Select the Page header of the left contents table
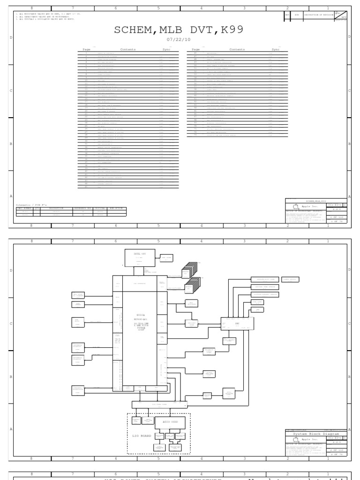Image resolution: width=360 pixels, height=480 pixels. [x=86, y=49]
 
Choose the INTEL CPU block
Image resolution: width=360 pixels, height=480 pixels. [x=137, y=257]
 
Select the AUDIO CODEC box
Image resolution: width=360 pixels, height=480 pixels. [x=170, y=422]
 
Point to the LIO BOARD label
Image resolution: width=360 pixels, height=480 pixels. [x=141, y=436]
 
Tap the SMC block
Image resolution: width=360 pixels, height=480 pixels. [x=237, y=324]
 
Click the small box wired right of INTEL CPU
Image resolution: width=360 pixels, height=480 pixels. [x=166, y=258]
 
